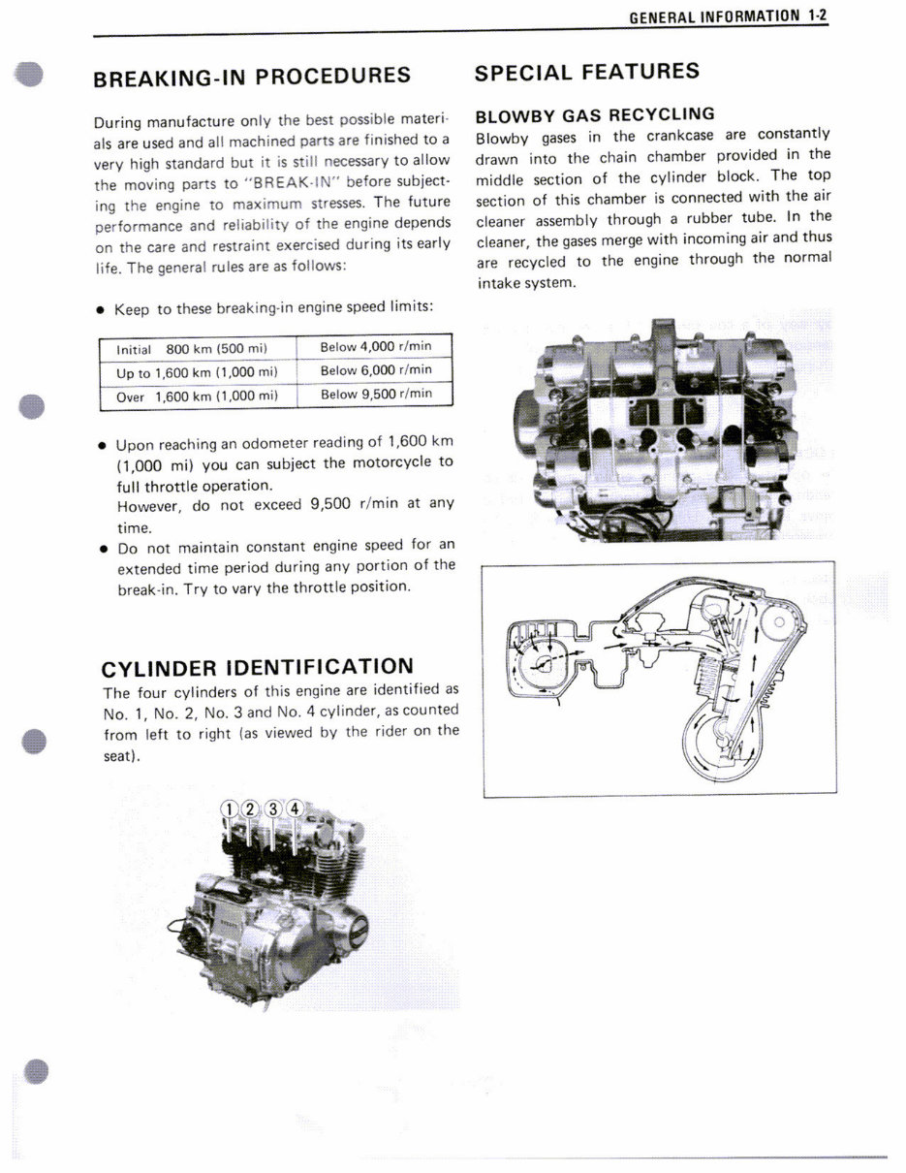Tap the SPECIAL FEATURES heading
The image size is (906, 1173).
[586, 72]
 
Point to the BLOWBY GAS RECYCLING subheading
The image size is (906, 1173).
[595, 114]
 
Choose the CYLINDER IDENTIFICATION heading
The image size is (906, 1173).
[258, 667]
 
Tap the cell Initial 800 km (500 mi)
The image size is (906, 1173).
[191, 348]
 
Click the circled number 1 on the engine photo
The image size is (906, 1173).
[230, 809]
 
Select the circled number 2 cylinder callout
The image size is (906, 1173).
[251, 809]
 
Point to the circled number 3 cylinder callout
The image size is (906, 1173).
[273, 808]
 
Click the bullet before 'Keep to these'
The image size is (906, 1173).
[100, 309]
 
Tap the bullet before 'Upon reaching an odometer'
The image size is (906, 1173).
[102, 446]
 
